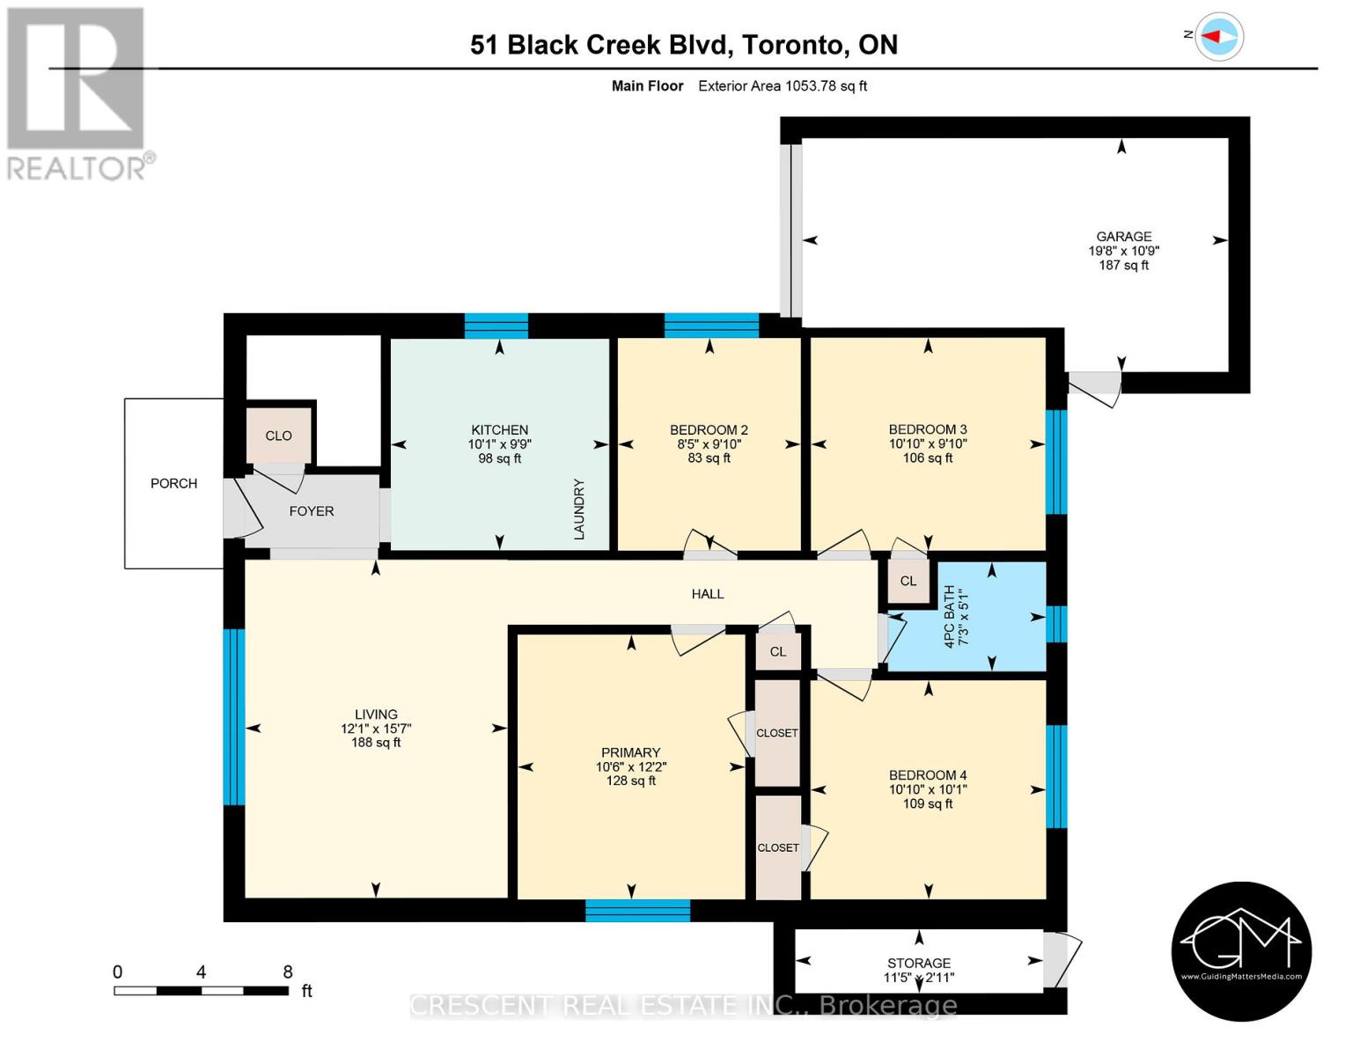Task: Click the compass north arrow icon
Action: pos(1219,37)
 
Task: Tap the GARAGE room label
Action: pos(1123,236)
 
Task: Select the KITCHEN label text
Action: pos(499,430)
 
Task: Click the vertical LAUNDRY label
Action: pos(578,509)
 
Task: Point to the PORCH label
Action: pos(173,483)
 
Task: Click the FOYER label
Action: pos(311,511)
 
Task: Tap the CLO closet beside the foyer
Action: pos(278,436)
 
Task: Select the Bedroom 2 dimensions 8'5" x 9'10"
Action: pos(709,444)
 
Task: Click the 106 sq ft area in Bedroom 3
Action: pos(927,458)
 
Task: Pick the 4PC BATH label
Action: pos(950,617)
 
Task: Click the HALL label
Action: pos(707,594)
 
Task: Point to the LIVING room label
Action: pos(376,715)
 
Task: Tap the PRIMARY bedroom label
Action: pos(630,752)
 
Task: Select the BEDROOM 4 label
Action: pos(927,775)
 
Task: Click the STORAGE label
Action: pos(918,963)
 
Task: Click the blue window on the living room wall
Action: pos(233,716)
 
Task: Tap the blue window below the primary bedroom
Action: pos(637,911)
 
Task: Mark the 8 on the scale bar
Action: pos(287,972)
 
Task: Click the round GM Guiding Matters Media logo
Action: pos(1241,951)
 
